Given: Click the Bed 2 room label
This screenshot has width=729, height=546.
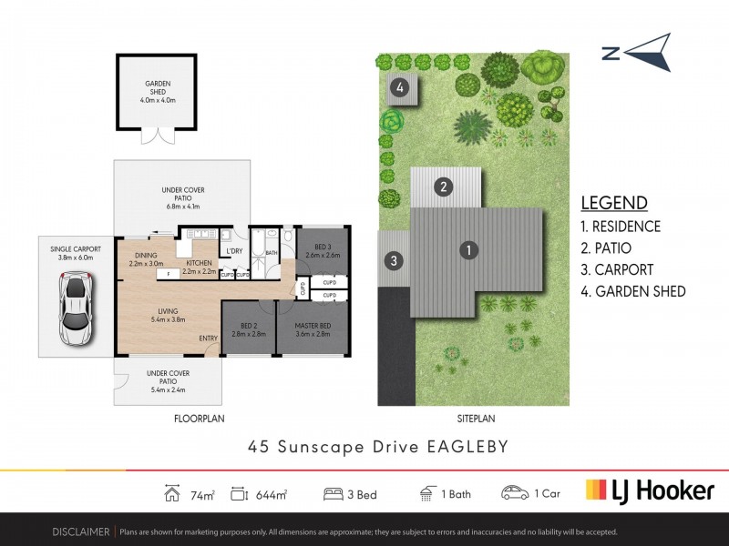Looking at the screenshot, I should (248, 329).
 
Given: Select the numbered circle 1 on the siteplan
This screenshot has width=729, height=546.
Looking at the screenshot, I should (467, 249).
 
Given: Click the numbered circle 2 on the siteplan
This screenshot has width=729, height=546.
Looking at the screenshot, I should (443, 187).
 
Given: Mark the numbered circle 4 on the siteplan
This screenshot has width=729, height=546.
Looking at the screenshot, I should (399, 87).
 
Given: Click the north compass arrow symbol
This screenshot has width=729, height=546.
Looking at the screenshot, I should (638, 53).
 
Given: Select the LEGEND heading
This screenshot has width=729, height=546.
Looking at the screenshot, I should (614, 203).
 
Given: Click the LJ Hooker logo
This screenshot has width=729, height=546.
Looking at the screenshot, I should (649, 490).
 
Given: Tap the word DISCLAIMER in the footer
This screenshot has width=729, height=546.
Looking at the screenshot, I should (81, 531).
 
